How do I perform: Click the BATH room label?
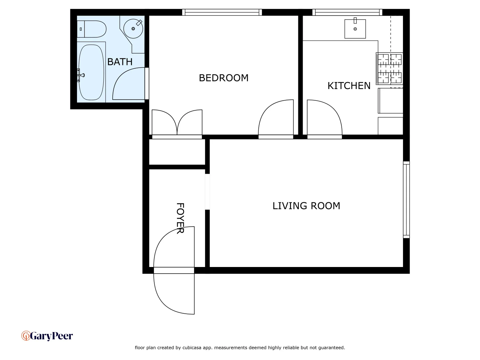[120, 62]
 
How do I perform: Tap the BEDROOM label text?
[223, 78]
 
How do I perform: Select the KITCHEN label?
[349, 86]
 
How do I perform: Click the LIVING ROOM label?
[306, 206]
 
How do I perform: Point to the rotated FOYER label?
[180, 218]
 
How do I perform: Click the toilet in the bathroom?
[92, 29]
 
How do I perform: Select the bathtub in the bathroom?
[91, 72]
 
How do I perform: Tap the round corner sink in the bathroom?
[133, 29]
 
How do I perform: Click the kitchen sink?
[355, 29]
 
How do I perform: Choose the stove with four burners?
[389, 68]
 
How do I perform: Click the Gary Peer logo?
[47, 336]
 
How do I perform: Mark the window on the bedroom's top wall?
[222, 12]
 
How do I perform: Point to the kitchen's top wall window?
[347, 12]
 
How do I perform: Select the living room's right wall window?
[406, 200]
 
